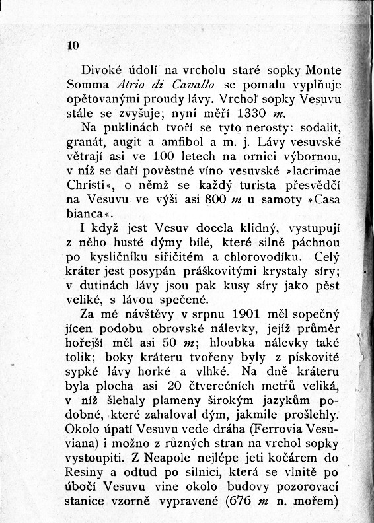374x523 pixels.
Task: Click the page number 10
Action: point(73,46)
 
